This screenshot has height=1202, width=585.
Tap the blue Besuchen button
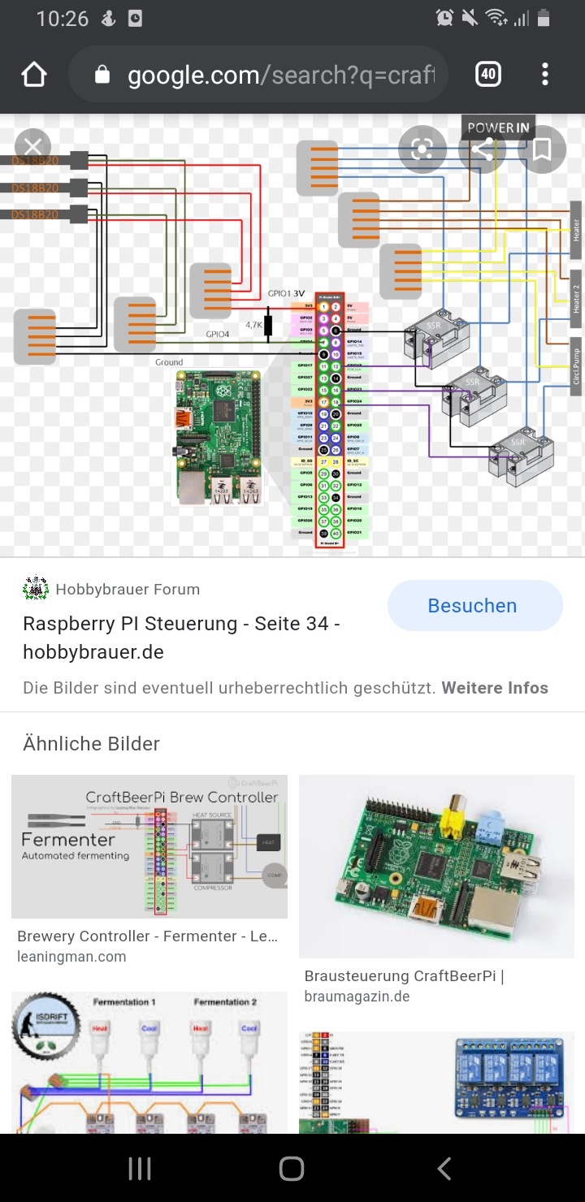(474, 606)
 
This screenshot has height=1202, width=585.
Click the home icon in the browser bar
(34, 75)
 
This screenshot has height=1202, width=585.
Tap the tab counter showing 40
(487, 75)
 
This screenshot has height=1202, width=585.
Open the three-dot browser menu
(544, 75)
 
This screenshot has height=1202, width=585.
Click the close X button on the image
(32, 147)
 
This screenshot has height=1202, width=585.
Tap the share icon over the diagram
(482, 149)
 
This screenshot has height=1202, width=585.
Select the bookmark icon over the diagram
(541, 149)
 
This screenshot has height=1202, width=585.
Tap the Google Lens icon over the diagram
(422, 149)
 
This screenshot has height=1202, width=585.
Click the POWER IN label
(498, 128)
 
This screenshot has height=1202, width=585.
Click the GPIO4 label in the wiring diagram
(218, 334)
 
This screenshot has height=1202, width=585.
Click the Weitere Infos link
(495, 688)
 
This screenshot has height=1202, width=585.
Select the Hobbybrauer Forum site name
(128, 590)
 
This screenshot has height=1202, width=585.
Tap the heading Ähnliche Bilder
(92, 743)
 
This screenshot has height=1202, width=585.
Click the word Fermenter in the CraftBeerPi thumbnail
(68, 839)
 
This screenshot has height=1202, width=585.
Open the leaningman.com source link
(71, 957)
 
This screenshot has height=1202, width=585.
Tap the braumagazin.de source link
(357, 997)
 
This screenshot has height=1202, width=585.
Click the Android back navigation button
(444, 1169)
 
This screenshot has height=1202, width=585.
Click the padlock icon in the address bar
(102, 76)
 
